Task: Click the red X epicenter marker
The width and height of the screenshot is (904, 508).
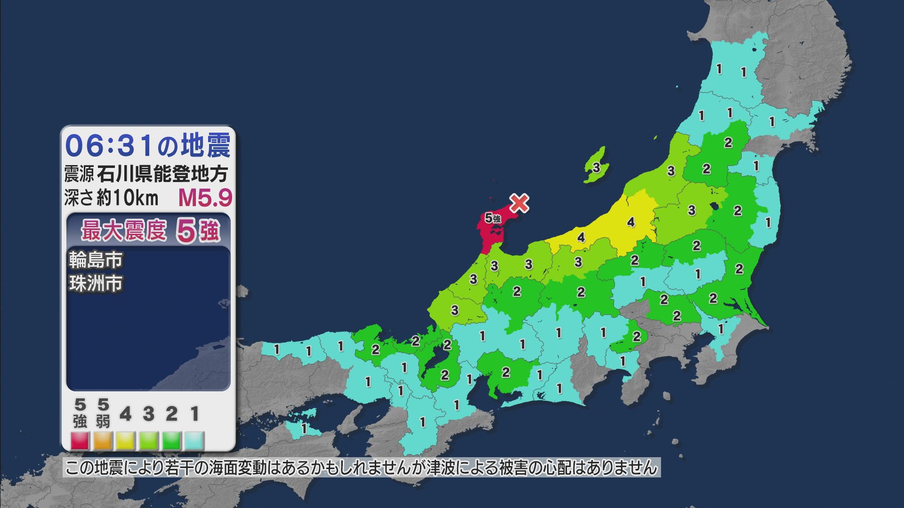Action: (519, 203)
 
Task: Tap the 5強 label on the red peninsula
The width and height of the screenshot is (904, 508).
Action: (492, 218)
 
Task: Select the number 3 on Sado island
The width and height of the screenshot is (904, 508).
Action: (596, 167)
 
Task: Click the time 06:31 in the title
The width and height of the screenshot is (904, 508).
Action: (109, 145)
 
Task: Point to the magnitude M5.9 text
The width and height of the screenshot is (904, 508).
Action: (205, 198)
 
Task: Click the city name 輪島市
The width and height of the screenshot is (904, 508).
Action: (96, 260)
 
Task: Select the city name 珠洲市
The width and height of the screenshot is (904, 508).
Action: (96, 284)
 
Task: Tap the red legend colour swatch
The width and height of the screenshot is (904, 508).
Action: (80, 441)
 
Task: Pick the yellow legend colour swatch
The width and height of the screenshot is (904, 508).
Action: (126, 441)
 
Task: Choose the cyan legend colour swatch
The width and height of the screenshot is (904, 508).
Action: (194, 441)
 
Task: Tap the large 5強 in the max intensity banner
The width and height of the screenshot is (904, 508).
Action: (198, 231)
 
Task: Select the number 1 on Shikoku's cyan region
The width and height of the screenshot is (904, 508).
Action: (304, 429)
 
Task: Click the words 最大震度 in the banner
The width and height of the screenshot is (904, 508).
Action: (124, 231)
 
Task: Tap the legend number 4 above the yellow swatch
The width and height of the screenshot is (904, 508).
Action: (125, 414)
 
